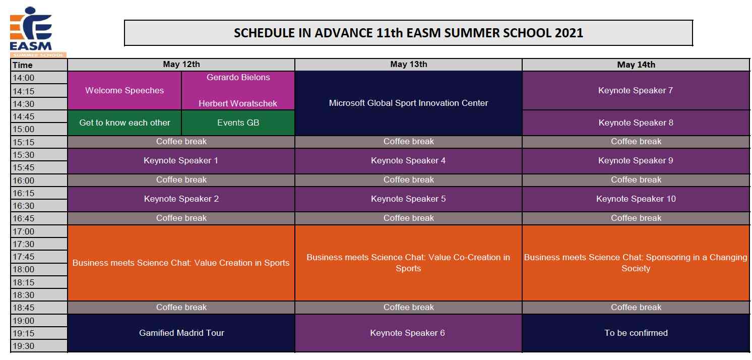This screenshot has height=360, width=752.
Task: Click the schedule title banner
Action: [408, 33]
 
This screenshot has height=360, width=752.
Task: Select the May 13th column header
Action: [409, 64]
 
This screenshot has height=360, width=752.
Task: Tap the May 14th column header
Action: [636, 65]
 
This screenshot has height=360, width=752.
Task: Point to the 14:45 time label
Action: [24, 116]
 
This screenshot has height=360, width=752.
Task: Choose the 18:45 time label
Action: [24, 307]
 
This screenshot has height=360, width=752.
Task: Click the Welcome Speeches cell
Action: [124, 90]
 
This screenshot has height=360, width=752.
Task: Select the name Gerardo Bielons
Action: [238, 77]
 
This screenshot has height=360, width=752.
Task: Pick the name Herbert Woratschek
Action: [238, 103]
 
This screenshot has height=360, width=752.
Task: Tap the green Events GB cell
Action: [238, 123]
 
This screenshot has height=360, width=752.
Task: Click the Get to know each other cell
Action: [124, 123]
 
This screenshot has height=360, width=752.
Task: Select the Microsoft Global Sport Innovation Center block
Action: [409, 103]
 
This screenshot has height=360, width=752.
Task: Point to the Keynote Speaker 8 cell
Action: [636, 123]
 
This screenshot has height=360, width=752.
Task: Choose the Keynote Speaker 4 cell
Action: [409, 160]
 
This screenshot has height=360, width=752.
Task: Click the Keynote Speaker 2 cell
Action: [181, 199]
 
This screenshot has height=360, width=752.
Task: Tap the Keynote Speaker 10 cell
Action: [636, 199]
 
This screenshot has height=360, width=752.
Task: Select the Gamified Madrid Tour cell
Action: [181, 333]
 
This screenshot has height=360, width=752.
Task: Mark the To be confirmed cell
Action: [636, 333]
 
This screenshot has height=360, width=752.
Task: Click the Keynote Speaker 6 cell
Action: [409, 333]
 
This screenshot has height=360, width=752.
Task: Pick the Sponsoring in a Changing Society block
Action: [636, 263]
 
